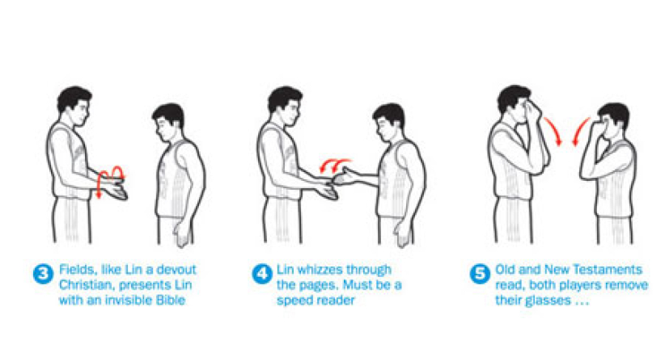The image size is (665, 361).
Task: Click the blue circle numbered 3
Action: coord(43,274)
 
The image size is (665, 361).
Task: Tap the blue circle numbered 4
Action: coord(261,274)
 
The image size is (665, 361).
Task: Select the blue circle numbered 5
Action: coord(480,274)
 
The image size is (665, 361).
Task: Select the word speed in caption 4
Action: coord(291,301)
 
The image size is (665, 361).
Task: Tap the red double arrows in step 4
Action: coord(335,164)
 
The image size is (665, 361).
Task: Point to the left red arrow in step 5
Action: coord(553,130)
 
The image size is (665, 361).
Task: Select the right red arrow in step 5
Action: coord(579,130)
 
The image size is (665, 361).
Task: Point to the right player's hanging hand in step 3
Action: coord(182,235)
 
